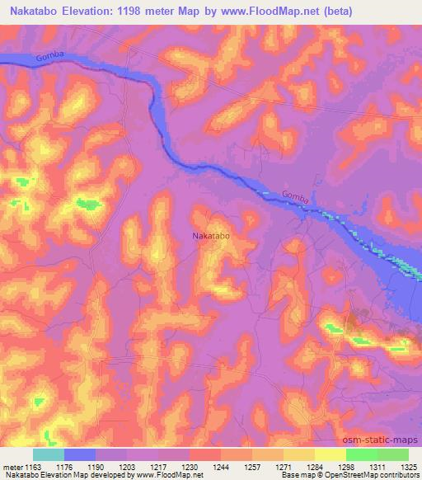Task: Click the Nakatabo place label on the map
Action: click(x=210, y=236)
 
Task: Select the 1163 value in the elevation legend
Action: click(x=34, y=467)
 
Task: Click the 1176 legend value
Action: click(x=64, y=467)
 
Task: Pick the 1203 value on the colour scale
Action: click(x=127, y=467)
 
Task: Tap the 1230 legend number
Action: click(x=190, y=467)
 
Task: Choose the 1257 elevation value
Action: click(x=252, y=467)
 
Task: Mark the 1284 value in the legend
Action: click(x=314, y=467)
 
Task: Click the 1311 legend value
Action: click(x=377, y=467)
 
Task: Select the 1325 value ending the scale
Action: click(x=408, y=467)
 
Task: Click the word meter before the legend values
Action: click(x=12, y=467)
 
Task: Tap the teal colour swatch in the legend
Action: click(x=49, y=454)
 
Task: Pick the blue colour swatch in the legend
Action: click(x=80, y=454)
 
